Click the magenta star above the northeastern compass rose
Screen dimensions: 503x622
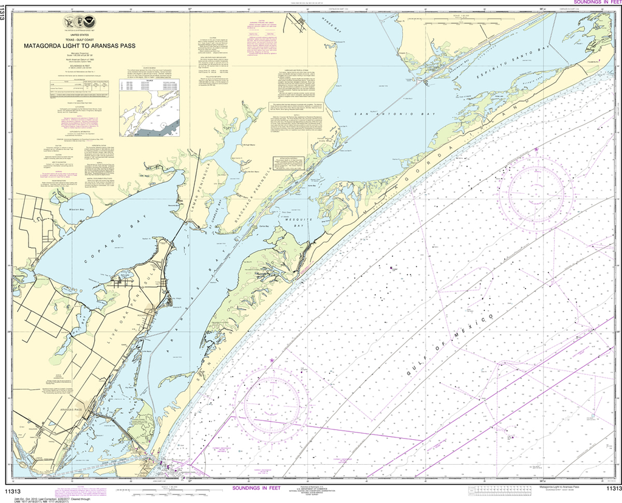click(x=536, y=149)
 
